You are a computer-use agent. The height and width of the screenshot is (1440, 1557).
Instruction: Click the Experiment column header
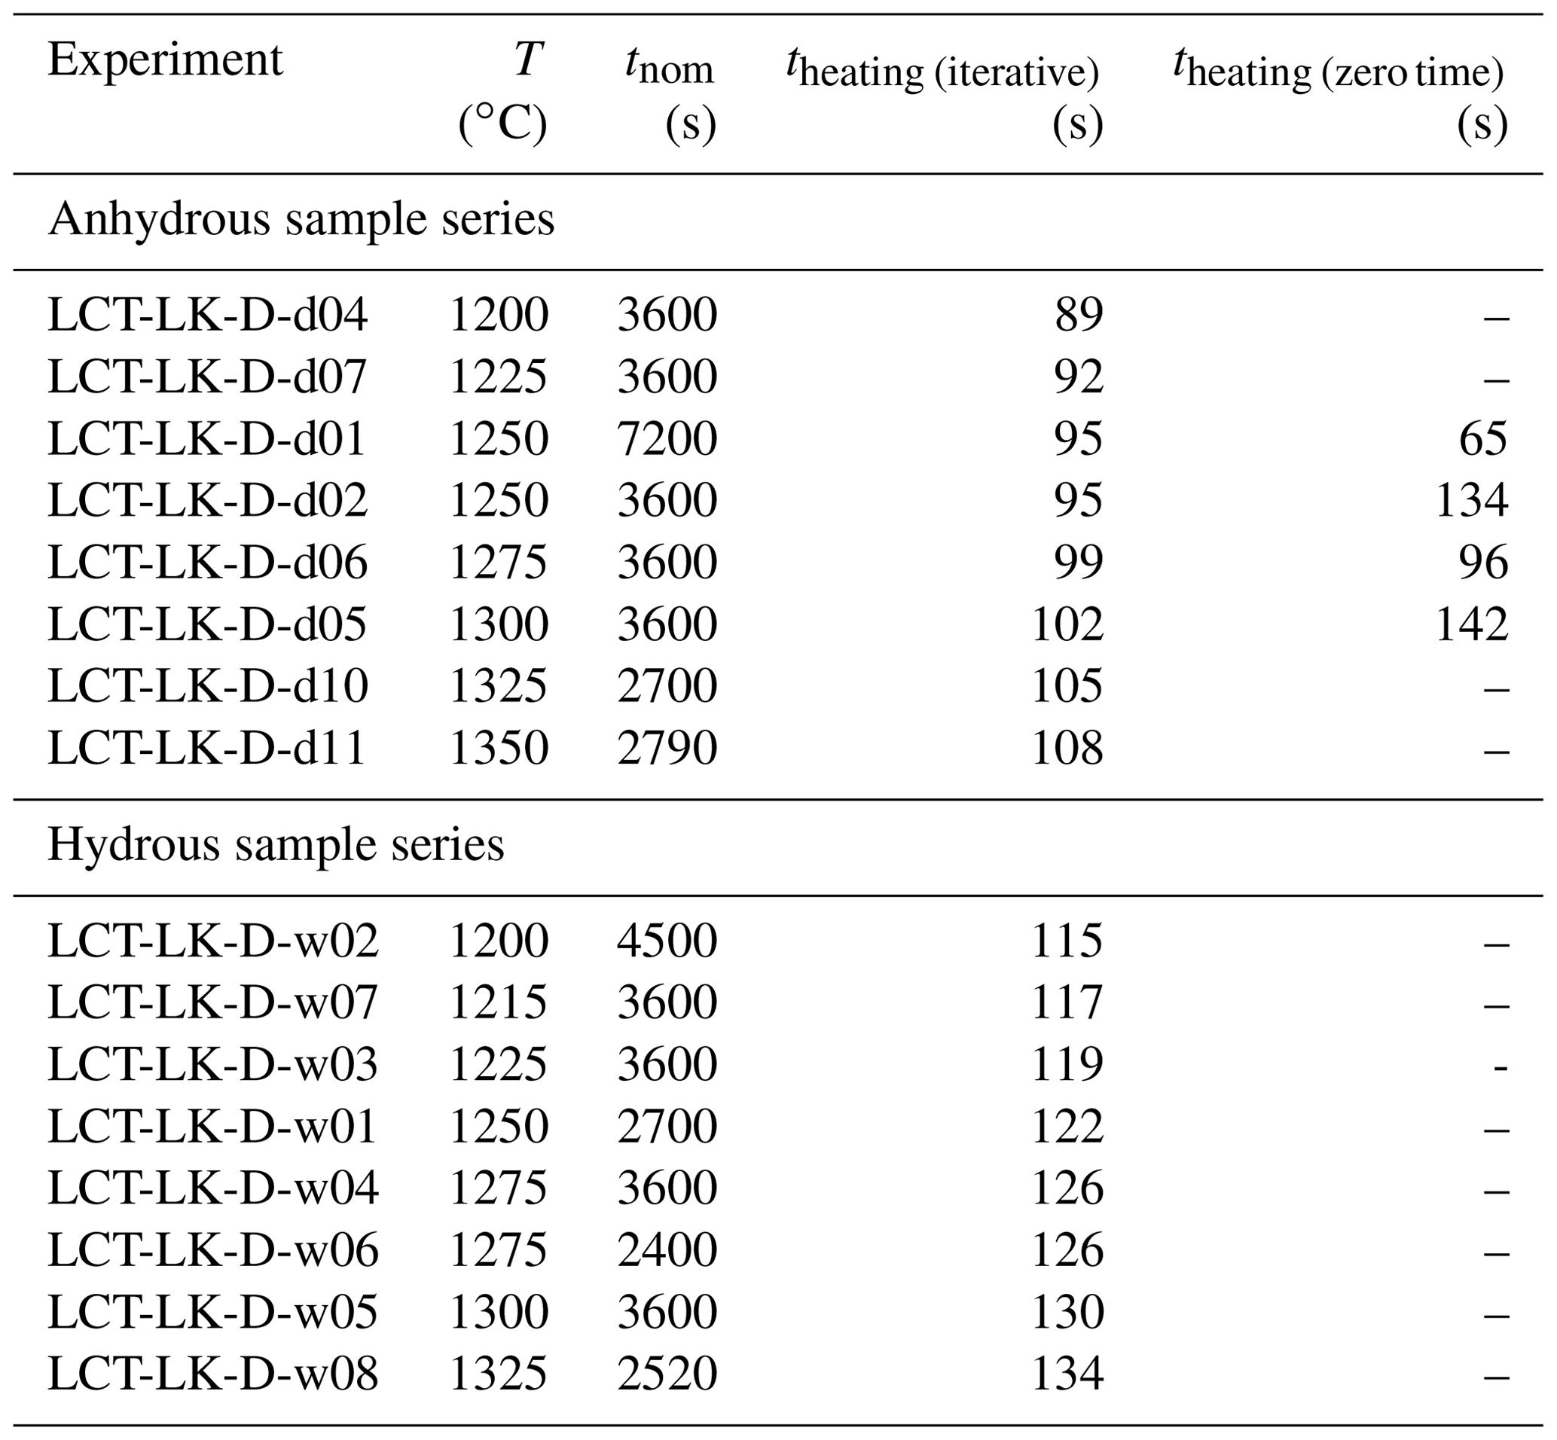point(165,60)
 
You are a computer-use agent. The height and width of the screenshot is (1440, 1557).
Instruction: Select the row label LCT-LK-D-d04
point(207,315)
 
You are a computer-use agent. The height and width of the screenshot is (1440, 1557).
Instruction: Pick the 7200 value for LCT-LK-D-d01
point(667,438)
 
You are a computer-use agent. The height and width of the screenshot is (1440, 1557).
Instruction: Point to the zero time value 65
point(1483,438)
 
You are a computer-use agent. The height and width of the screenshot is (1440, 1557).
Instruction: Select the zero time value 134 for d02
point(1471,500)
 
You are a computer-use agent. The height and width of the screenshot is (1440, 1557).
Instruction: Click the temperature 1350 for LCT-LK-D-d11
point(499,748)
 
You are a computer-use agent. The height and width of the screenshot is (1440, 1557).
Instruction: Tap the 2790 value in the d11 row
point(667,748)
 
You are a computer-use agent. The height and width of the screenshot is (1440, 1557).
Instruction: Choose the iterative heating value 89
point(1079,315)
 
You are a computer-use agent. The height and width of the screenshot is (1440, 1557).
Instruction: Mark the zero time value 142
point(1471,624)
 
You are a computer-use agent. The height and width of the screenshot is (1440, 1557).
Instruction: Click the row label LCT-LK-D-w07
point(212,1003)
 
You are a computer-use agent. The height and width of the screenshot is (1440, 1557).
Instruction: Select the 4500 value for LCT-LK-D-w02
point(667,941)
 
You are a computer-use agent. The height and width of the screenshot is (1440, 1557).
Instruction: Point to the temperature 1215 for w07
point(499,1003)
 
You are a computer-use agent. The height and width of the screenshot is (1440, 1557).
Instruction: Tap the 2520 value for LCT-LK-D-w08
point(667,1374)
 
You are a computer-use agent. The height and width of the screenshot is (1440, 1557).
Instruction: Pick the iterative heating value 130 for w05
point(1067,1312)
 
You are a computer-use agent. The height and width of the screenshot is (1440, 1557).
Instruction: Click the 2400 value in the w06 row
point(667,1251)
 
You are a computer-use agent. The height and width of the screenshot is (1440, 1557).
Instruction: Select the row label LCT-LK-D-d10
point(207,687)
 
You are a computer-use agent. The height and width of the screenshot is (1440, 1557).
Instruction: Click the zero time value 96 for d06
point(1483,563)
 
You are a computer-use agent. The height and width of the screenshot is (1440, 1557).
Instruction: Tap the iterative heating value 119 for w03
point(1067,1064)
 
